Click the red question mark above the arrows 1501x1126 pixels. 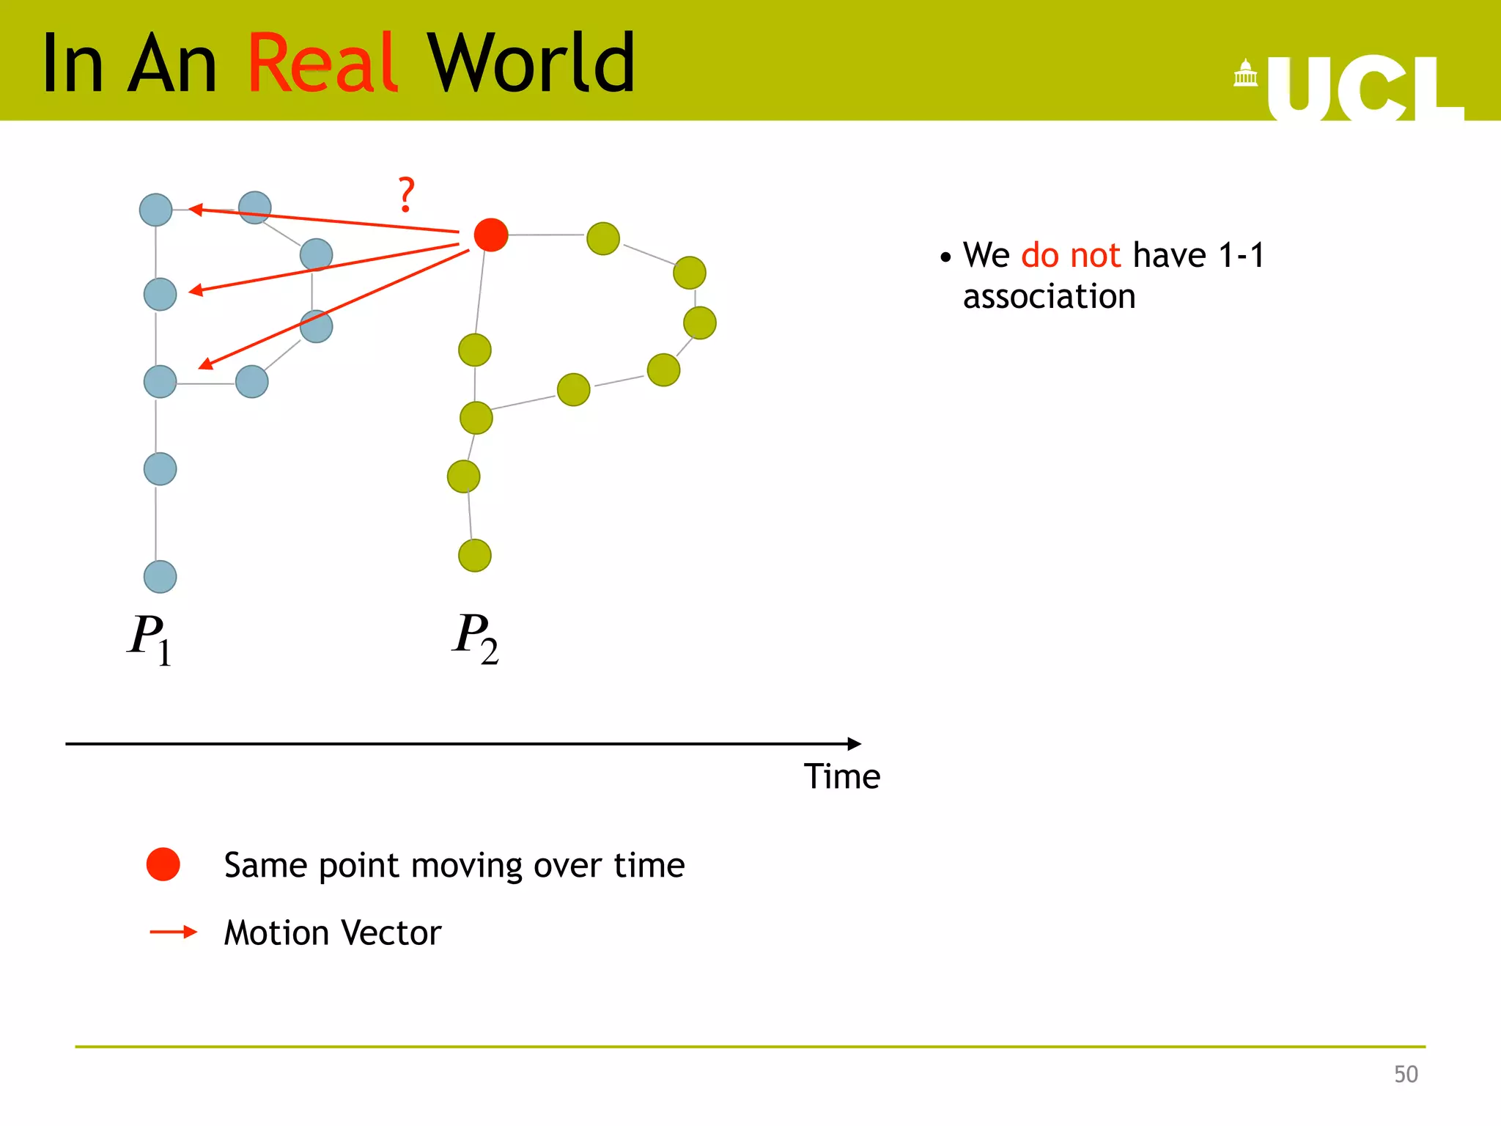pos(406,194)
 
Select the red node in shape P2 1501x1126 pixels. pos(491,235)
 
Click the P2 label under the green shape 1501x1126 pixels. pos(475,637)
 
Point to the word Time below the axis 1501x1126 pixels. pos(841,776)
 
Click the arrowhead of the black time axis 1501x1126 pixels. pos(854,743)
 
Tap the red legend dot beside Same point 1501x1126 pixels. pos(163,864)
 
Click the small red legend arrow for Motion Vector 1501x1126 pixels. pos(174,932)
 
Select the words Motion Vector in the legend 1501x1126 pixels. pos(332,933)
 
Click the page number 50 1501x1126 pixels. pos(1405,1074)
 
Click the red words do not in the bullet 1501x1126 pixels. pos(1070,255)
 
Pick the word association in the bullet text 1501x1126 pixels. pos(1049,297)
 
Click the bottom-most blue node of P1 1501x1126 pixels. pos(160,577)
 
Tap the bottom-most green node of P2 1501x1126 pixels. pos(475,555)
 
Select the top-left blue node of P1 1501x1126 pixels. pos(155,210)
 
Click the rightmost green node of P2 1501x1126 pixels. pos(699,323)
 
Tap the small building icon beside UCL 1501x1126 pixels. pos(1245,73)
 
